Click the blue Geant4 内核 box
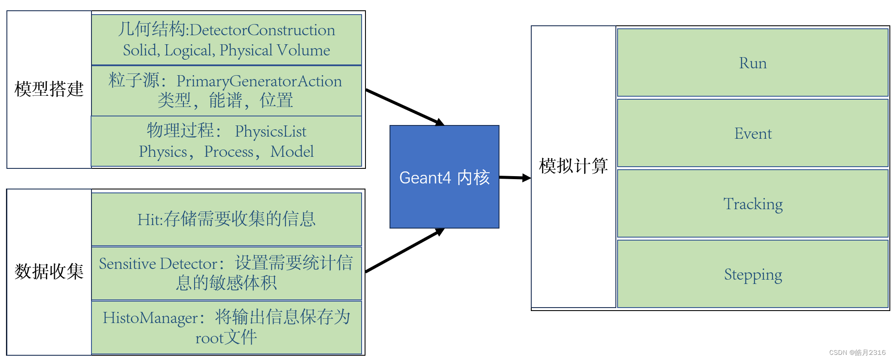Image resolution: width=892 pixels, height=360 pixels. [444, 177]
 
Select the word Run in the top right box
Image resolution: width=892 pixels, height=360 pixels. [752, 63]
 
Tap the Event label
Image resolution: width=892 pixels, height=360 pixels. [752, 134]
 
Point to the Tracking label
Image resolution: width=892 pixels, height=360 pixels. [752, 204]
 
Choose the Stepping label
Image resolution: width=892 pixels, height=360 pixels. [752, 275]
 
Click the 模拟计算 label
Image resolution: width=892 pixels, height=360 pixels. [573, 166]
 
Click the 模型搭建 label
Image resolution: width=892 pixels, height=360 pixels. [49, 89]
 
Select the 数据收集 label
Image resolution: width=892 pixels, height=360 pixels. [49, 272]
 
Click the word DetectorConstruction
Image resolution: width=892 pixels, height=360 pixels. [262, 30]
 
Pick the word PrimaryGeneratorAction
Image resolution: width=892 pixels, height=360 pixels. [259, 81]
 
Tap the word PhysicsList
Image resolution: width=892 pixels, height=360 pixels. [271, 131]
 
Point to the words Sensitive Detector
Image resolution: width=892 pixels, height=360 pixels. [158, 263]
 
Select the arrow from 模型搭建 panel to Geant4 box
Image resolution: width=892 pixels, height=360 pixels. [404, 107]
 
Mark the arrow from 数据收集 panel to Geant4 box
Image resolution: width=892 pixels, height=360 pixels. [404, 251]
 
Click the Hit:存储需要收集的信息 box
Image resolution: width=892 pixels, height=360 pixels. [226, 219]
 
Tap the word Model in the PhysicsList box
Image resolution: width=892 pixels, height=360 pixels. [292, 152]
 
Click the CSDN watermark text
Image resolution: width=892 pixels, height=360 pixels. [857, 352]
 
